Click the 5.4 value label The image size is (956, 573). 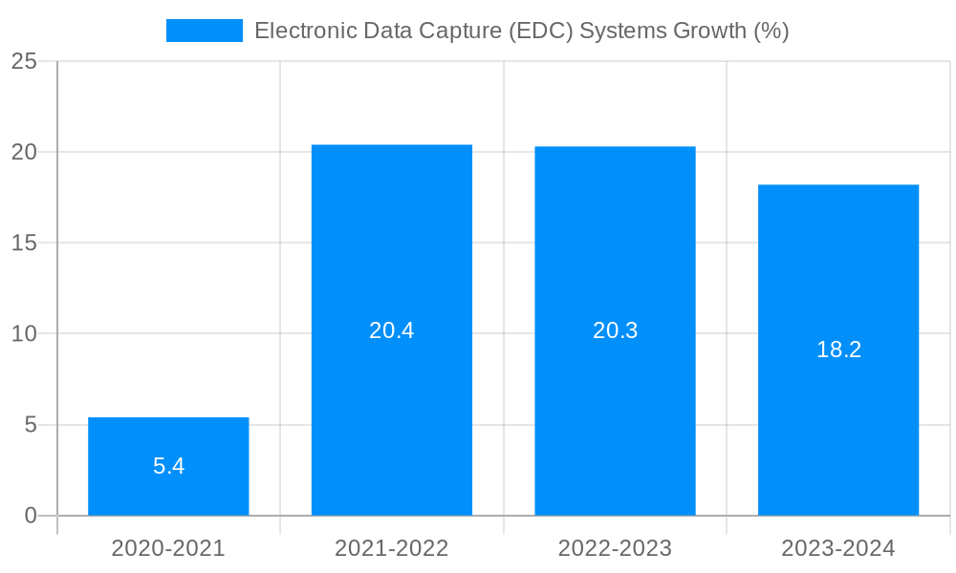click(x=168, y=467)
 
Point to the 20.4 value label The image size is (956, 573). click(x=392, y=330)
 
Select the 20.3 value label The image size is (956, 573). click(x=615, y=330)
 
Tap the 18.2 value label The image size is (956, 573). click(x=838, y=350)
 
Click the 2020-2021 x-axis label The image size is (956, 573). click(x=168, y=548)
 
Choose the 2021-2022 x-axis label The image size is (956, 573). click(x=392, y=548)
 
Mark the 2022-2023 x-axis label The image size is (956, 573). click(x=615, y=548)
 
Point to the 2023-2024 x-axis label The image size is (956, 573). click(x=838, y=548)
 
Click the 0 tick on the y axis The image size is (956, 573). click(x=30, y=516)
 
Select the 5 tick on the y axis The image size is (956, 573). click(x=30, y=425)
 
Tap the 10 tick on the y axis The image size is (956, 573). click(x=24, y=334)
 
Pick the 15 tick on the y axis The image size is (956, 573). click(x=24, y=243)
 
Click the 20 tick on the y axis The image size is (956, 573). click(x=24, y=152)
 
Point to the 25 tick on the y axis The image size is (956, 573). click(x=24, y=61)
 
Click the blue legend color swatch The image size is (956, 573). click(x=205, y=31)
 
